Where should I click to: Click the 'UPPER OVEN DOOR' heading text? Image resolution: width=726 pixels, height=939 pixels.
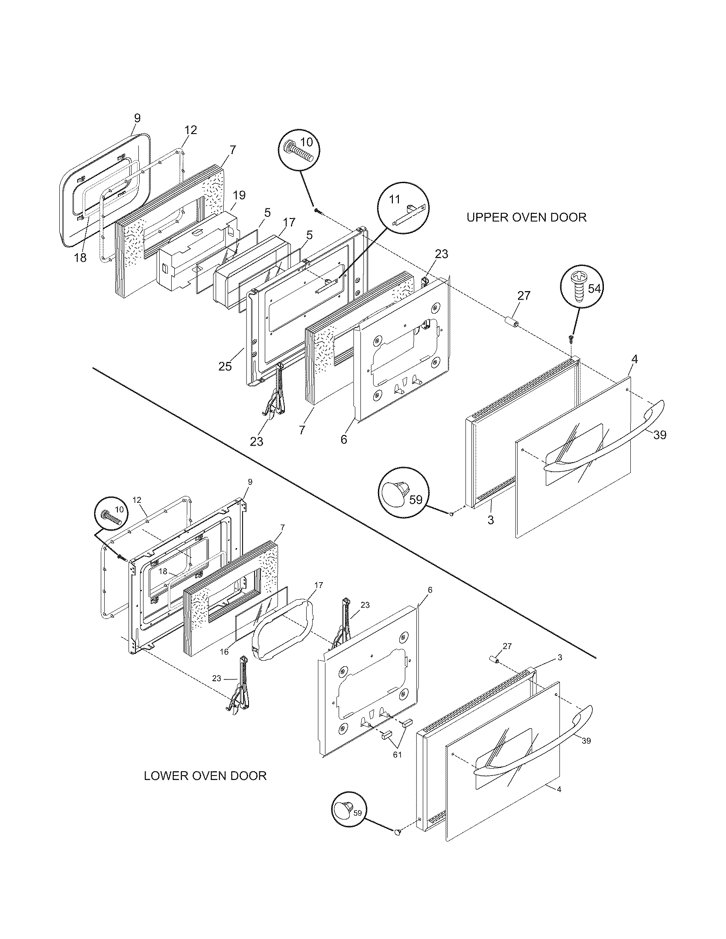[526, 217]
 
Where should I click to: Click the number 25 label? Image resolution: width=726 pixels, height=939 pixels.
[225, 366]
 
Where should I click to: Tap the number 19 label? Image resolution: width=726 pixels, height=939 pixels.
[239, 195]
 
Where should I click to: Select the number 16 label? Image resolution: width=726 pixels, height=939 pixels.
[224, 652]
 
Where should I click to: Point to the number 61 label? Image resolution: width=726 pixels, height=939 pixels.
[397, 755]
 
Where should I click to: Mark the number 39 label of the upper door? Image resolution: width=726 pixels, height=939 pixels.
[659, 435]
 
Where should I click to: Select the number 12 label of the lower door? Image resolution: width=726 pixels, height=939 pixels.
[137, 500]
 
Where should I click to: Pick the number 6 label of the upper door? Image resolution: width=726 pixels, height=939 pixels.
[344, 440]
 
